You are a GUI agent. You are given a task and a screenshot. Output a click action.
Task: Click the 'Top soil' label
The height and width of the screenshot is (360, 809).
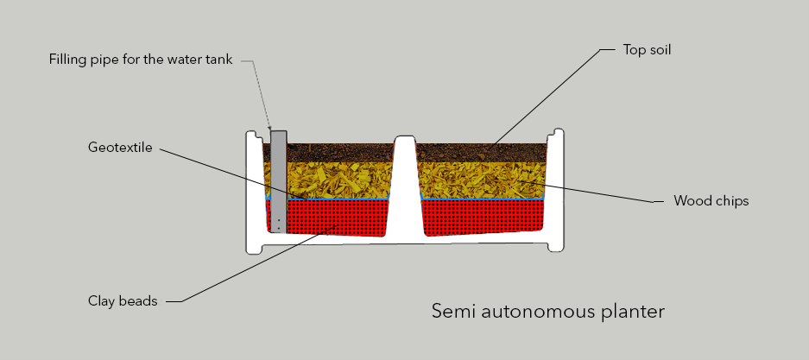pyautogui.click(x=647, y=50)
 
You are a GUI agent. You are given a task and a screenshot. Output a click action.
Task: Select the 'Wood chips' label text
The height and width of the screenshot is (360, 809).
pyautogui.click(x=711, y=200)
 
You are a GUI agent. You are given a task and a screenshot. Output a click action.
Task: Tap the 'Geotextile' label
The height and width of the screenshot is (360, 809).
pyautogui.click(x=120, y=148)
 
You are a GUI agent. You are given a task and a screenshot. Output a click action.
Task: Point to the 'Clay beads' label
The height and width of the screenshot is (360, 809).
pyautogui.click(x=123, y=300)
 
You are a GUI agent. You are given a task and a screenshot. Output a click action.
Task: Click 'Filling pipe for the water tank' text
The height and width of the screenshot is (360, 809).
pyautogui.click(x=141, y=60)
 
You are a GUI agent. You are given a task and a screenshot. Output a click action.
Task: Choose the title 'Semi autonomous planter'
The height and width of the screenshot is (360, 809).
pyautogui.click(x=548, y=312)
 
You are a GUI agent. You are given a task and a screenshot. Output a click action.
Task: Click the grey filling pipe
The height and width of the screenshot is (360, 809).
pyautogui.click(x=279, y=181)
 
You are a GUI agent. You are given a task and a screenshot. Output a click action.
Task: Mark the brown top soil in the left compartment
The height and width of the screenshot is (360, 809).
pyautogui.click(x=340, y=153)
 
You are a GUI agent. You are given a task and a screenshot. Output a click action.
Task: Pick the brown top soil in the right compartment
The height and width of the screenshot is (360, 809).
pyautogui.click(x=482, y=153)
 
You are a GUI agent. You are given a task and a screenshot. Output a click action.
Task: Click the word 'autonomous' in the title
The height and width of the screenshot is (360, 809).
pyautogui.click(x=533, y=312)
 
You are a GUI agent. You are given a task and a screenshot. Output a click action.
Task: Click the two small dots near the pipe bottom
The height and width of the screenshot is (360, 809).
pyautogui.click(x=278, y=224)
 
